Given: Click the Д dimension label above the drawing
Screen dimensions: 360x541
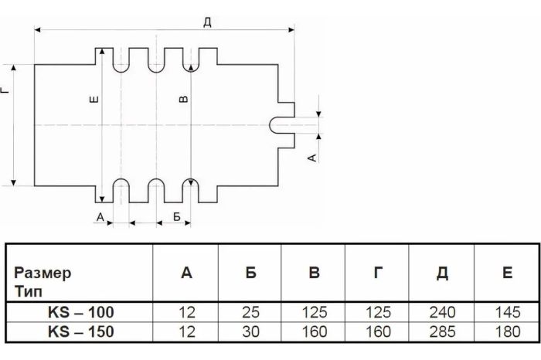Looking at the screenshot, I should pyautogui.click(x=207, y=21).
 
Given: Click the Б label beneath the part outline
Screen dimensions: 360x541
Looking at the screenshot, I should pyautogui.click(x=177, y=217).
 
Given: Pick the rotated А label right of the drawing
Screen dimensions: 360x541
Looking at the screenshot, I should pyautogui.click(x=311, y=158).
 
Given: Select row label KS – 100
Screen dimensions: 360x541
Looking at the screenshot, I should pyautogui.click(x=80, y=313).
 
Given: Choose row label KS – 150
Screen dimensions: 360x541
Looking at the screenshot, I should pyautogui.click(x=80, y=332).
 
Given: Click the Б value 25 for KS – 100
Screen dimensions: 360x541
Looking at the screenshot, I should pyautogui.click(x=249, y=313).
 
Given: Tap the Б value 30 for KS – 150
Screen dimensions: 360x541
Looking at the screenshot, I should pyautogui.click(x=249, y=332).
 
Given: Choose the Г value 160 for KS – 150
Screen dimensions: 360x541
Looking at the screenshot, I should pyautogui.click(x=375, y=332).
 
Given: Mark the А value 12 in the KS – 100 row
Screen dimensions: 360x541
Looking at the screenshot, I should pyautogui.click(x=185, y=313).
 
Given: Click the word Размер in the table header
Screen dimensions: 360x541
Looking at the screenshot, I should pyautogui.click(x=44, y=273).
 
